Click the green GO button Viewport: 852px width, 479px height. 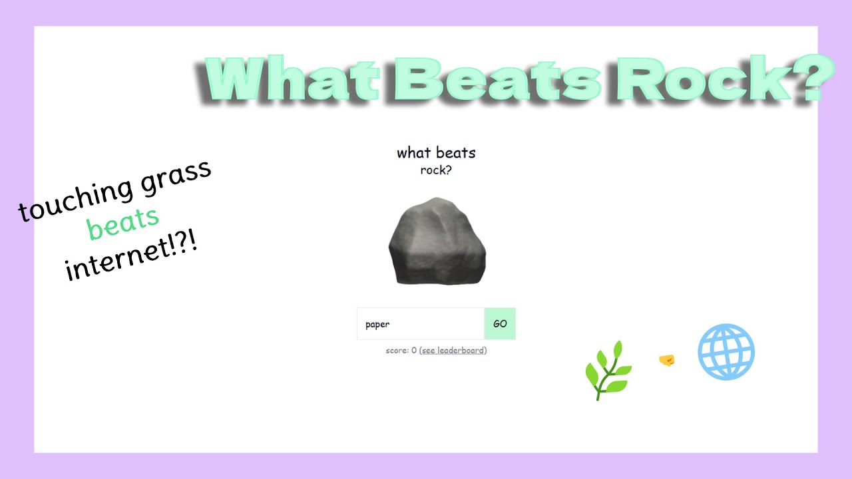(x=499, y=324)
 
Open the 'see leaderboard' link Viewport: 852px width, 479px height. (x=454, y=351)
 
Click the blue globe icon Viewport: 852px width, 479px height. (x=726, y=352)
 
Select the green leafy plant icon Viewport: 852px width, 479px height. (x=608, y=370)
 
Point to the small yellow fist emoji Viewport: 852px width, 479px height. (x=666, y=361)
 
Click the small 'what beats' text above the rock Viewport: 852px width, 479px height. (x=436, y=153)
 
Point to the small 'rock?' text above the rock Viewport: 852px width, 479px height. (x=436, y=170)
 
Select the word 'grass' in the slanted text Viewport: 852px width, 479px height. (x=174, y=176)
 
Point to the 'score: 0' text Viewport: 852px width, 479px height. (x=401, y=351)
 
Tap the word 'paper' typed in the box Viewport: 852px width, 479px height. (x=377, y=325)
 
